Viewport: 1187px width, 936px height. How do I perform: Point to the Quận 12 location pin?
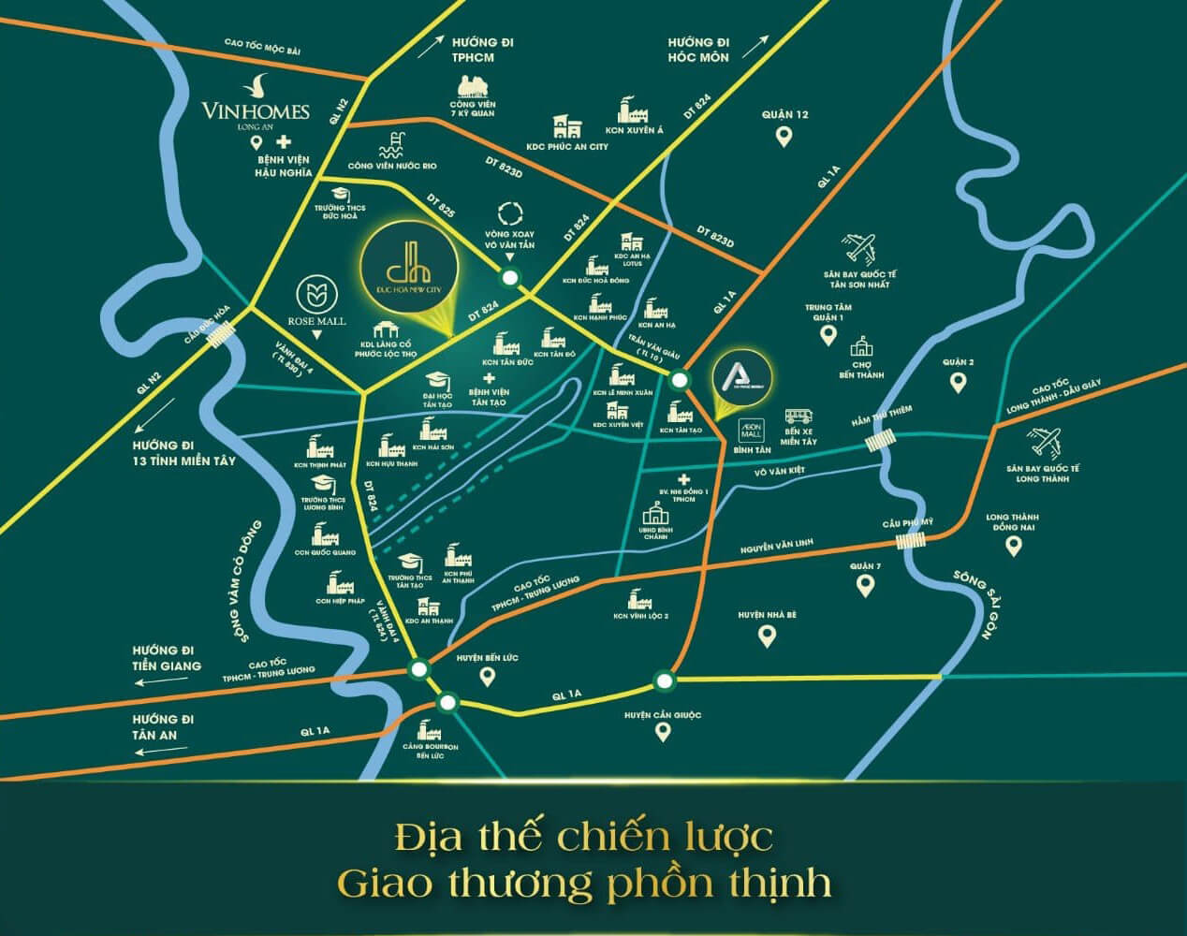click(x=784, y=137)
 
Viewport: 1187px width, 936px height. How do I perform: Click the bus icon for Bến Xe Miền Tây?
click(x=799, y=417)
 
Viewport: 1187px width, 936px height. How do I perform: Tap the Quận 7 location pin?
click(x=865, y=587)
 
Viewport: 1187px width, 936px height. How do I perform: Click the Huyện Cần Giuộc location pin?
click(x=663, y=733)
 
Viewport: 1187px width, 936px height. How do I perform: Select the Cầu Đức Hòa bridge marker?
click(x=224, y=330)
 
